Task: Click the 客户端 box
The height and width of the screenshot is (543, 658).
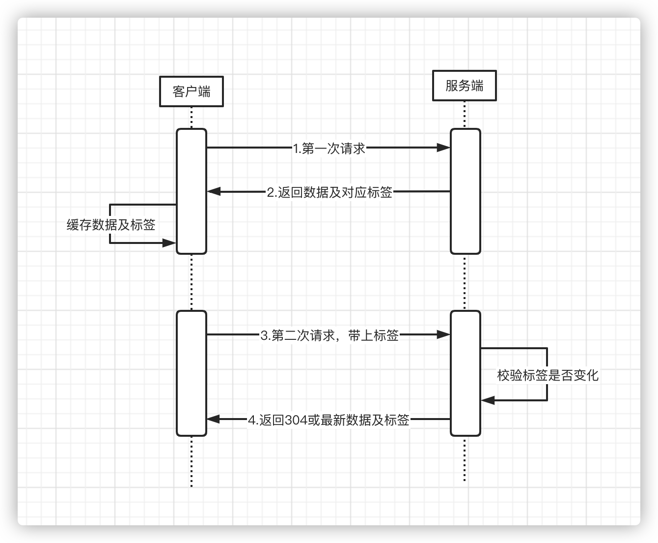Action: tap(192, 91)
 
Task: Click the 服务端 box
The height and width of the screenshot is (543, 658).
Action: tap(464, 86)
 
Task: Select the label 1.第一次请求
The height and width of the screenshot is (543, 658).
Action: tap(329, 148)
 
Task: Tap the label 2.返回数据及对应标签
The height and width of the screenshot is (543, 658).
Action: tap(329, 192)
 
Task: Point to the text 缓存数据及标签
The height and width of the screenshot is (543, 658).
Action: tap(111, 225)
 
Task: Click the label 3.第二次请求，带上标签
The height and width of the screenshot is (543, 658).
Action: tap(329, 335)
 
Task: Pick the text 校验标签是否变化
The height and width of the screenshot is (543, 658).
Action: tap(548, 375)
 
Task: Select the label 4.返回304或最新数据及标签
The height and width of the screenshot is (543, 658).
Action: tap(329, 420)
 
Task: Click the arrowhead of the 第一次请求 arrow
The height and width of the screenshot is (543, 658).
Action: tap(444, 147)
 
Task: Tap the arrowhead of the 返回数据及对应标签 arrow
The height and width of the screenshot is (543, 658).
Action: tap(214, 191)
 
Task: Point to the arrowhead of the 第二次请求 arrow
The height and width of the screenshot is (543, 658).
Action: tap(444, 334)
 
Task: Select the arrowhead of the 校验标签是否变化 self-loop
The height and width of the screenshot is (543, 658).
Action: tap(487, 400)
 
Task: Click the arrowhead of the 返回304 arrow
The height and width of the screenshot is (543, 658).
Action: tap(213, 419)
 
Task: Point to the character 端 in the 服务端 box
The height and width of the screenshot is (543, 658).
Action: tap(477, 86)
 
